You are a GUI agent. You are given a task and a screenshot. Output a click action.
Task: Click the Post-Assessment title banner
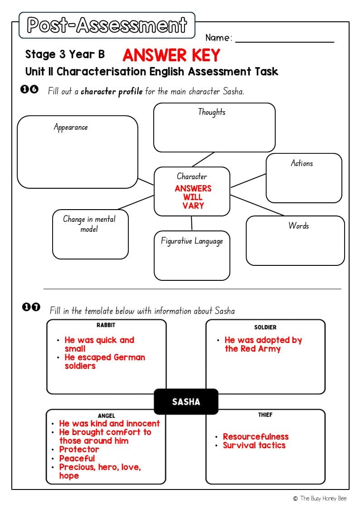(107, 25)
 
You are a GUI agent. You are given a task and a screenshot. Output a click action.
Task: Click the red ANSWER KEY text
(171, 55)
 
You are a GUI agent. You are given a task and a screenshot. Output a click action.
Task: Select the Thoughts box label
(212, 112)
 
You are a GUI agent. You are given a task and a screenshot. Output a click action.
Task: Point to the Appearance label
(71, 127)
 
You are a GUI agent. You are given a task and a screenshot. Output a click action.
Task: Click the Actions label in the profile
(302, 163)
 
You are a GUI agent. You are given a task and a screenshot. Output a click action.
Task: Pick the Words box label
(298, 225)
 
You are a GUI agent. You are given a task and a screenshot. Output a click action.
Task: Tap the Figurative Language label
(192, 241)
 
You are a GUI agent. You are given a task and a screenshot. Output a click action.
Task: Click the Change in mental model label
(89, 224)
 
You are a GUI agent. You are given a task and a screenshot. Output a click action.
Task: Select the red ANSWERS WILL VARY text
(193, 197)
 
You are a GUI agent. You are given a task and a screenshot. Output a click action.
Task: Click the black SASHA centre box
(186, 401)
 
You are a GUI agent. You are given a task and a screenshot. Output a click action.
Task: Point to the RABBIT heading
(106, 325)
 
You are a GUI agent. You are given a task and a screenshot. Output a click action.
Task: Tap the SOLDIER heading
(265, 327)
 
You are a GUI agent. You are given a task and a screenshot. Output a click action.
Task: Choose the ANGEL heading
(107, 416)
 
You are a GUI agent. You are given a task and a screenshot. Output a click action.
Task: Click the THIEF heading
(265, 415)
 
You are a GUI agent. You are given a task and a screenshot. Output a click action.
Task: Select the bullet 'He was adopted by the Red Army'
(263, 344)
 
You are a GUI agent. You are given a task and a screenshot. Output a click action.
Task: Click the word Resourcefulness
(255, 436)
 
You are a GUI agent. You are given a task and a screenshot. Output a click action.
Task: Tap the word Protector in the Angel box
(79, 449)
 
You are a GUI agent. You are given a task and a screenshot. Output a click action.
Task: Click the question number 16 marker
(30, 90)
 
